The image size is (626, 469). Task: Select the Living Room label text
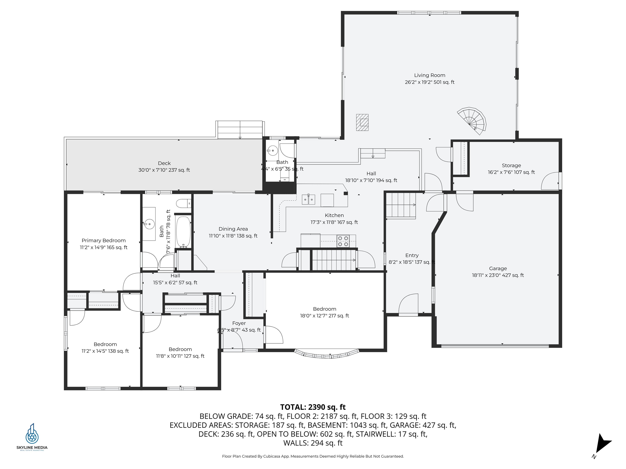tap(429, 75)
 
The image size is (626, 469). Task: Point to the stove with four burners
tap(343, 241)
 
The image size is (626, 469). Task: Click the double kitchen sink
tap(308, 199)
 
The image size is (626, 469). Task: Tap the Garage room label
tap(498, 268)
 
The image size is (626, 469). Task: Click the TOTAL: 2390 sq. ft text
tap(313, 407)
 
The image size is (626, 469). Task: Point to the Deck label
tap(164, 163)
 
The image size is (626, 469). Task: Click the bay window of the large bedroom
tap(327, 355)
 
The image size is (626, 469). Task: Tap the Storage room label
tap(511, 165)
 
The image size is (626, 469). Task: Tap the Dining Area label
tap(233, 229)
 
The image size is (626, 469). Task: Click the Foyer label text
tap(239, 323)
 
